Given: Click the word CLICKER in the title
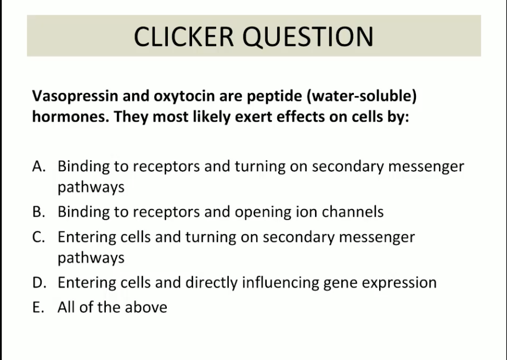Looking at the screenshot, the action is [x=184, y=37].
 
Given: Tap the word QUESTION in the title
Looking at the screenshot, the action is [x=308, y=37].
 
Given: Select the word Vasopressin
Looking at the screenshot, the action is [x=75, y=97].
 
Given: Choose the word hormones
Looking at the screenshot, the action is [x=71, y=116].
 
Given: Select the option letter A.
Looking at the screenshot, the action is [x=39, y=166].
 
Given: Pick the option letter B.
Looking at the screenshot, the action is [x=38, y=212].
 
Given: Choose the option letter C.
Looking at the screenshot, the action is [x=38, y=237].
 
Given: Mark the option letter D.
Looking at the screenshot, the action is [x=39, y=283].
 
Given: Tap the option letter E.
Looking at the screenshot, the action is [x=38, y=307].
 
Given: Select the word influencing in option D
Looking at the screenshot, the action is [x=280, y=283].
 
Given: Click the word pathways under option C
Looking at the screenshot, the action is [x=91, y=258].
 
